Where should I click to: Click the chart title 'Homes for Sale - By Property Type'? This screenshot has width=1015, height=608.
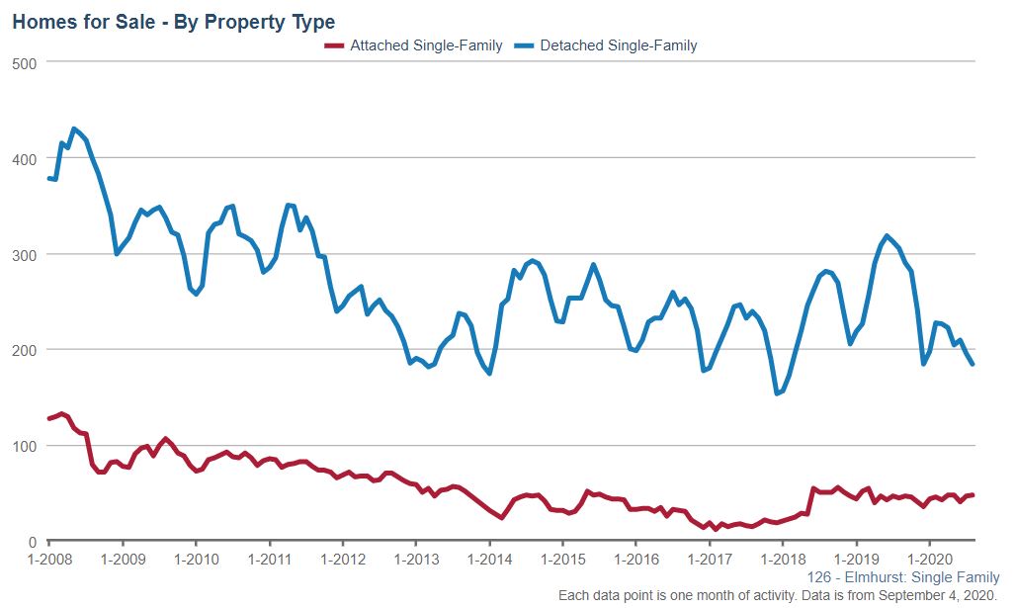pos(173,22)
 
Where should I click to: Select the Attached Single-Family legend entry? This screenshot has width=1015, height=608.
pos(414,45)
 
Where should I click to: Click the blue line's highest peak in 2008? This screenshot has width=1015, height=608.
pos(74,129)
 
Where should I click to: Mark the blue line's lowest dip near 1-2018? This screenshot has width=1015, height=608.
pos(777,393)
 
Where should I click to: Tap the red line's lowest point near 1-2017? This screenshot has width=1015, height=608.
pos(716,529)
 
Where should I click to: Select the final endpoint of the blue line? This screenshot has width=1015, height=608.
pos(973,365)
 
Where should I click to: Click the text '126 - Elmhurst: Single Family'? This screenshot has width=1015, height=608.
pos(903,577)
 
